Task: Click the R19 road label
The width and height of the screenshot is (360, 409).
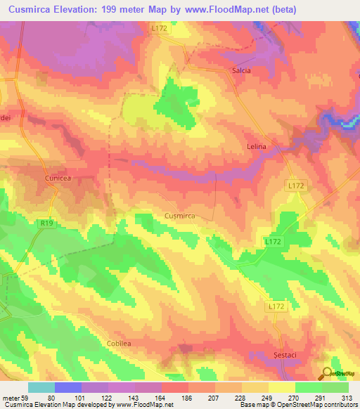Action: point(46,223)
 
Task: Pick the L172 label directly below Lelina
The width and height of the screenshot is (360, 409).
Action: point(297,185)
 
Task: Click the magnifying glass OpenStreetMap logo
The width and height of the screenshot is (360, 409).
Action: point(328,373)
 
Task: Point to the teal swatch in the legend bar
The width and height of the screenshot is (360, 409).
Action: point(41,387)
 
